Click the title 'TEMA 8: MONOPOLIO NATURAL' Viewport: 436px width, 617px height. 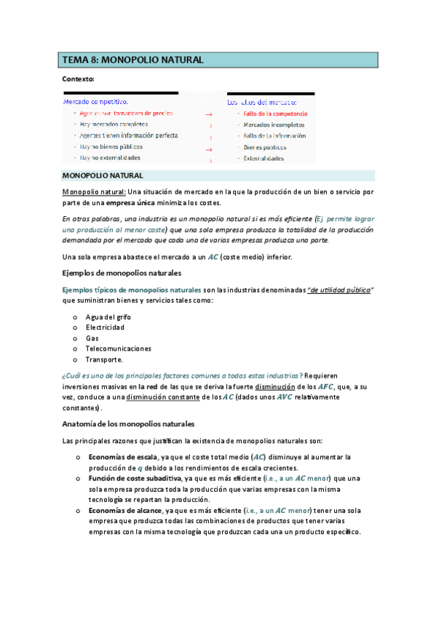(132, 60)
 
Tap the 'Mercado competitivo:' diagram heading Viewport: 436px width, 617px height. (95, 102)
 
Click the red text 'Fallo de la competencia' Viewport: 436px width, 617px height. (275, 114)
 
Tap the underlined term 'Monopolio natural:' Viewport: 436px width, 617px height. (95, 192)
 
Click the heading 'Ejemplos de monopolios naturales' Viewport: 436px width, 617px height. (122, 274)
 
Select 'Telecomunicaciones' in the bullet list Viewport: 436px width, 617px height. (119, 349)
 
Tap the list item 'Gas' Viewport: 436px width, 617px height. (92, 338)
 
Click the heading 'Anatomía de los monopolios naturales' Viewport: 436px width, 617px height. (128, 423)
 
